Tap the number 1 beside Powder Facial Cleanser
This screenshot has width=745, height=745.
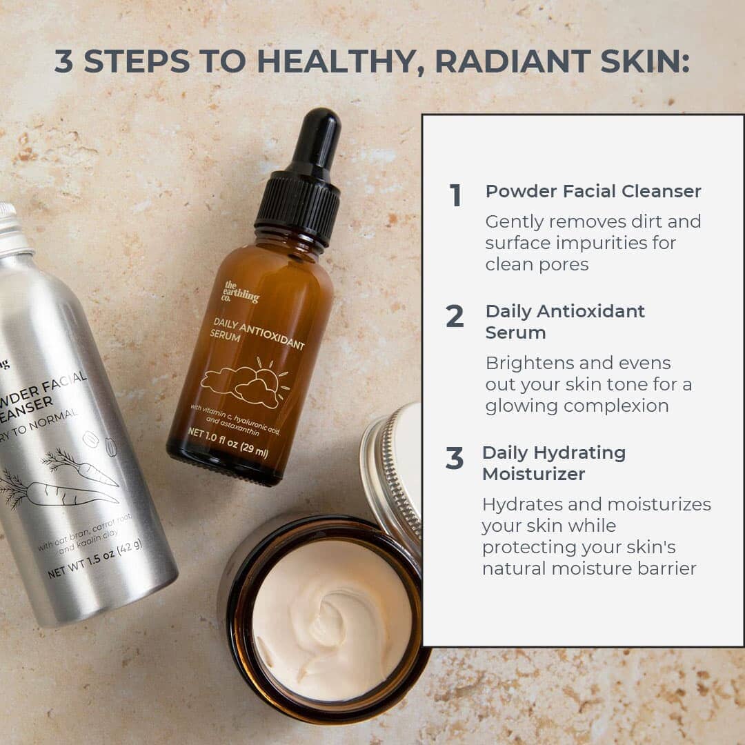click(455, 196)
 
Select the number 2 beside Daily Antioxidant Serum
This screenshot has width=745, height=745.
click(455, 317)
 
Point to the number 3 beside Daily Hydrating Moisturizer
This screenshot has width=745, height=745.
click(455, 459)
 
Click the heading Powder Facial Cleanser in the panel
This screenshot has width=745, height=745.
click(593, 191)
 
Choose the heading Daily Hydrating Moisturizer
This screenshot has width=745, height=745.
click(554, 463)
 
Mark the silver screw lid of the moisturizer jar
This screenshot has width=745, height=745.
click(393, 476)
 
